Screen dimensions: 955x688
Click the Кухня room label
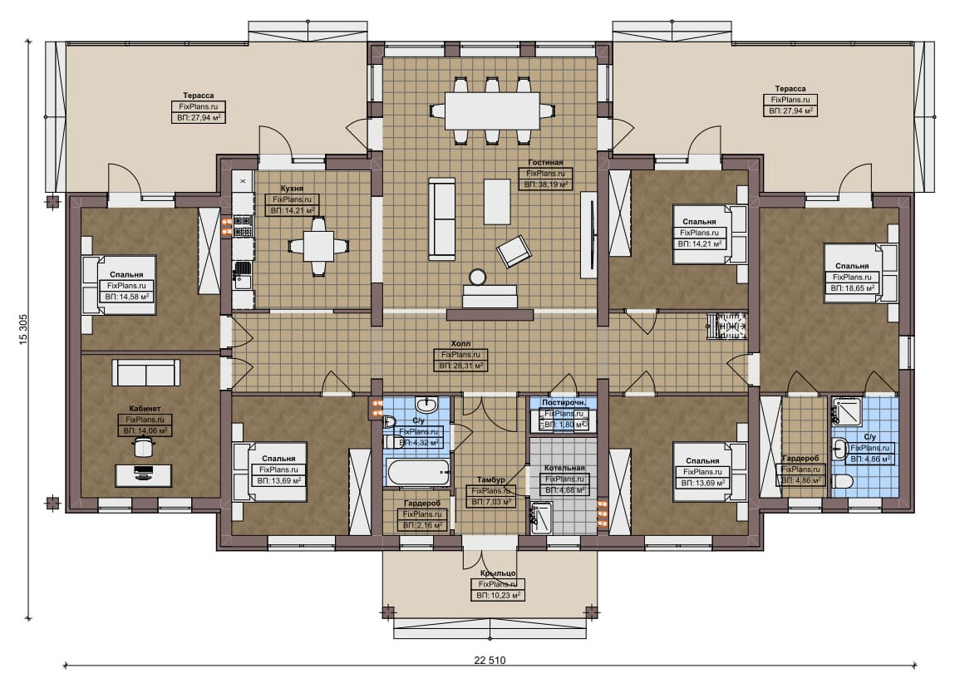pos(292,189)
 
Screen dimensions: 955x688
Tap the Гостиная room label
pos(545,163)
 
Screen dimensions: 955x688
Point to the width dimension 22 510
pos(490,660)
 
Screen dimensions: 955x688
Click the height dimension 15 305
pos(24,332)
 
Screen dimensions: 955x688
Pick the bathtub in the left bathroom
pos(417,473)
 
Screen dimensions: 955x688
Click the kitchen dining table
pos(318,245)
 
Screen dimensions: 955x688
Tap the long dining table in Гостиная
pos(492,111)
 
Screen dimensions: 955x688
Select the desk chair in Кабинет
pos(144,448)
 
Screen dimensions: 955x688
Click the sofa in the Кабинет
pos(145,372)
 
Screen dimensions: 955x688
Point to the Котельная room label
pos(564,468)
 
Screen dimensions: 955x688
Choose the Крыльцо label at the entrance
pos(498,573)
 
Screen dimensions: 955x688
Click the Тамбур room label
pos(491,480)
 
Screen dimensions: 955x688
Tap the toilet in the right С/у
pos(842,482)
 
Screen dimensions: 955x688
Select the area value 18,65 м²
pos(852,288)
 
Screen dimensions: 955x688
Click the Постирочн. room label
pos(564,402)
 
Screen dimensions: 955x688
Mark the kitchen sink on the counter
pos(243,273)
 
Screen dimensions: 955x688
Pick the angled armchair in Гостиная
pos(514,250)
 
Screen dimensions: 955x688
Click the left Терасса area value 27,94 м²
pos(199,117)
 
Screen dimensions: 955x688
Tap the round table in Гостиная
pos(477,277)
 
